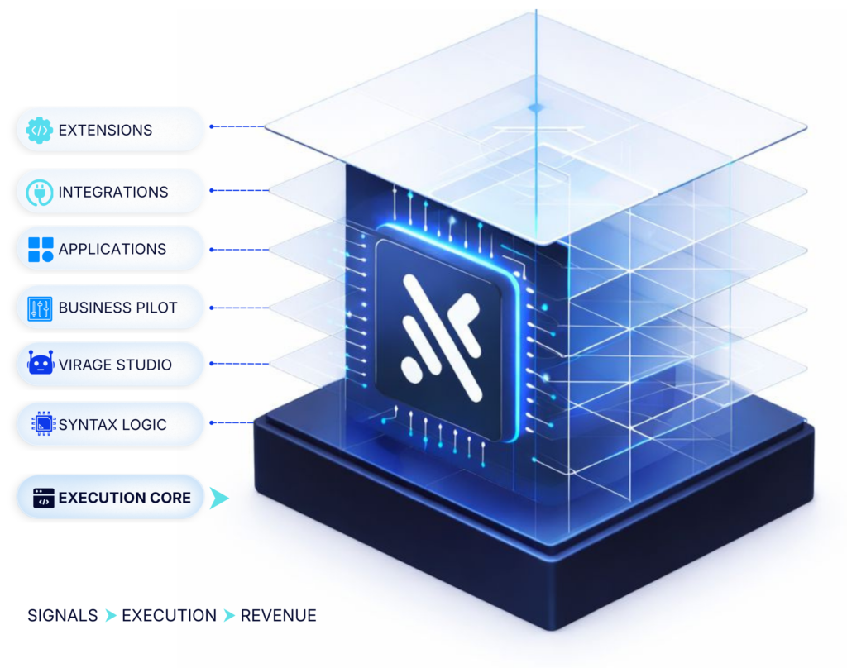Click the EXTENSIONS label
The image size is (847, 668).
105,130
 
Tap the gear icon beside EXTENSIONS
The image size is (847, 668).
40,130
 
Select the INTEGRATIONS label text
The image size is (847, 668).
113,192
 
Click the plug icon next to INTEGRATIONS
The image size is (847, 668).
40,192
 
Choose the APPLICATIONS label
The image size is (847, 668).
112,249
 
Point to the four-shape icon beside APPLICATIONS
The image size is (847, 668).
41,249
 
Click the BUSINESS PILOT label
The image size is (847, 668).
117,308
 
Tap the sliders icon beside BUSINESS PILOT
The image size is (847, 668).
40,308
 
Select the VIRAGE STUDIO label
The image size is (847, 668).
115,364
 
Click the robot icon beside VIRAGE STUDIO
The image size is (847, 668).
41,364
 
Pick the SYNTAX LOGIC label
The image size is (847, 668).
112,425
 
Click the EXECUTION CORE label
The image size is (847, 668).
125,498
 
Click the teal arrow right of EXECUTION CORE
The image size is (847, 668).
218,498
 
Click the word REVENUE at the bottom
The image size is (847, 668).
279,616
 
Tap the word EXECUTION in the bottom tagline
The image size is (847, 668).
170,616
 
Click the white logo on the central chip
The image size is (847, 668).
438,336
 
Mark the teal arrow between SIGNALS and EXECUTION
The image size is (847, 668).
110,616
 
